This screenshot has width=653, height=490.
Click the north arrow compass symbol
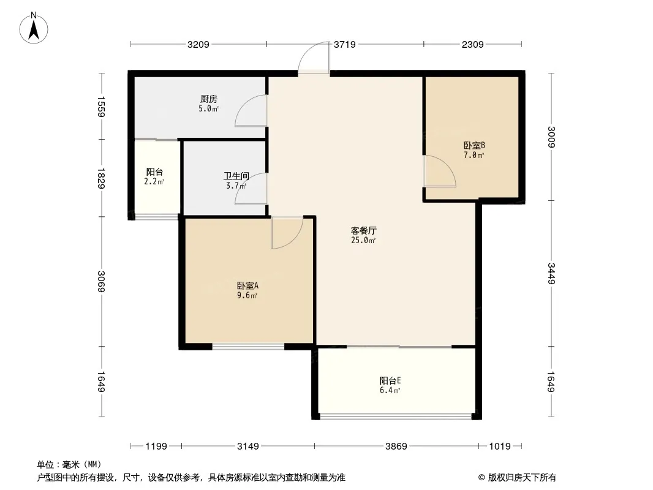34,28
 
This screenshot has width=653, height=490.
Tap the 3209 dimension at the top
198,44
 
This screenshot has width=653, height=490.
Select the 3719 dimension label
345,44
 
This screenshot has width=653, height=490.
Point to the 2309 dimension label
473,44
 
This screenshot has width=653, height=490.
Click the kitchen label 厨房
209,99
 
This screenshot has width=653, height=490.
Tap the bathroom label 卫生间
236,176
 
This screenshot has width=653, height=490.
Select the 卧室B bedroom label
474,145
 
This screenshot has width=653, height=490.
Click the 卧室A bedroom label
248,285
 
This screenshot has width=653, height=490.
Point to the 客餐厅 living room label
364,230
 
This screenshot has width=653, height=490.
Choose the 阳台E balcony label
390,380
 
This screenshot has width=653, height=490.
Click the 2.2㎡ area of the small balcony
154,181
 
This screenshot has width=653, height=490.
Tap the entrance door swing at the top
314,58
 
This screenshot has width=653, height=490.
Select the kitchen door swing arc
251,110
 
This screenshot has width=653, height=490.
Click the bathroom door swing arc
251,189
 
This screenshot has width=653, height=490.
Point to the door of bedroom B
440,171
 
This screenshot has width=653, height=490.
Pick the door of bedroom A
287,233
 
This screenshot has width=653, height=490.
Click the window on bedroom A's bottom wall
248,346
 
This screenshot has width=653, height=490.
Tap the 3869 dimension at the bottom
396,447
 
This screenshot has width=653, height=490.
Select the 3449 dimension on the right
551,273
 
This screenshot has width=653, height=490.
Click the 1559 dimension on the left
101,107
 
